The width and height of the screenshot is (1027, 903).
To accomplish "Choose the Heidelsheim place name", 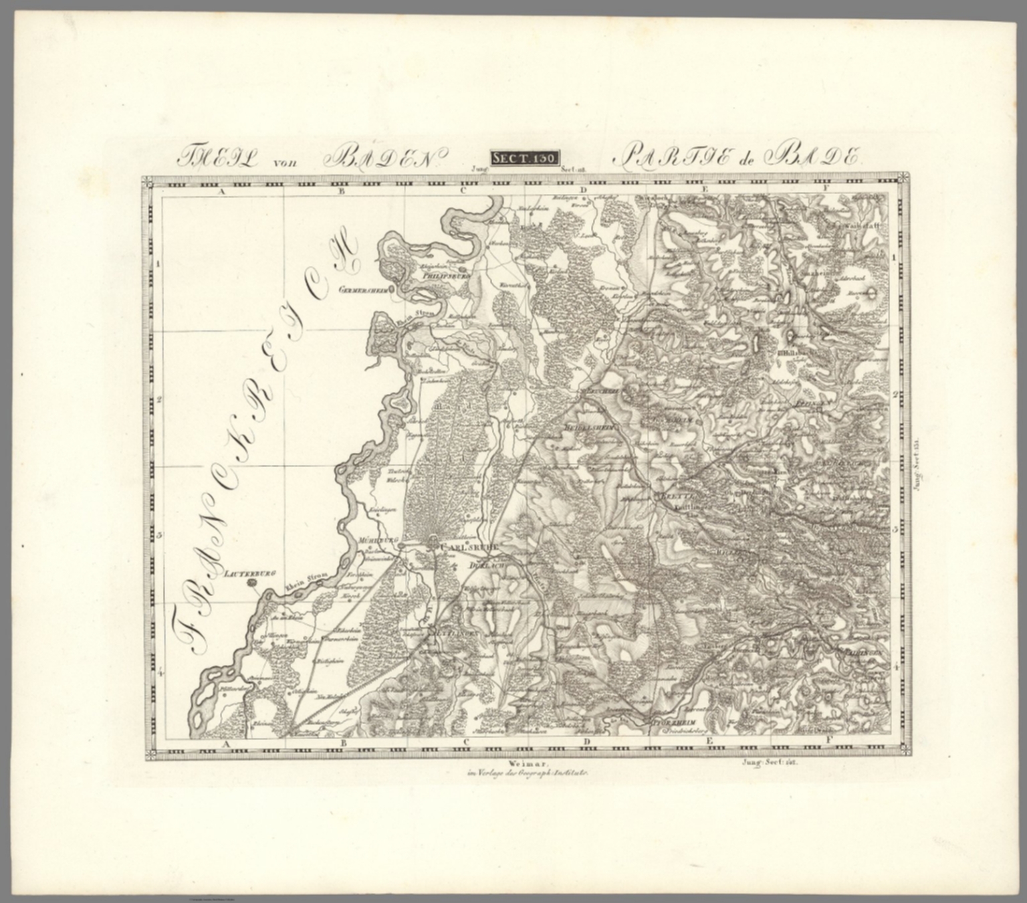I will click(589, 425).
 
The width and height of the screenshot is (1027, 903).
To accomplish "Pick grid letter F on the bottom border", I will click(828, 740).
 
